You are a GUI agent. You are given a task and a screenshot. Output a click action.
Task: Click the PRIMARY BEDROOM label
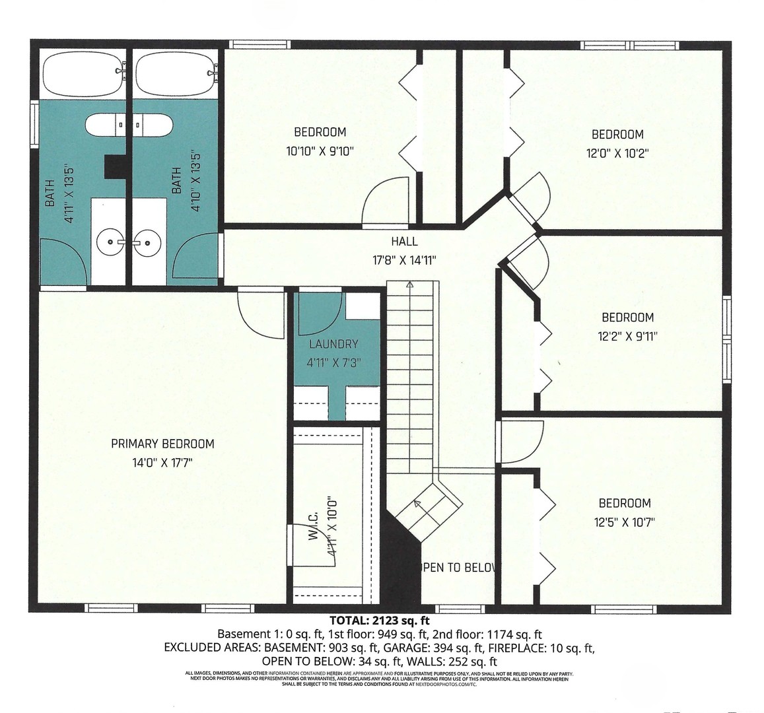pyautogui.click(x=162, y=444)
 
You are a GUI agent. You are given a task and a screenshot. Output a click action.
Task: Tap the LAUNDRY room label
pyautogui.click(x=333, y=344)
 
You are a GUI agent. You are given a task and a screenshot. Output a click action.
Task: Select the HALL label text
pyautogui.click(x=403, y=242)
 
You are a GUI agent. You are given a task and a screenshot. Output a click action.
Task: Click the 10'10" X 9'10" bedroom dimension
pyautogui.click(x=320, y=151)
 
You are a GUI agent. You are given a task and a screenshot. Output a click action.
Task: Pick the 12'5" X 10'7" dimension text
pyautogui.click(x=625, y=522)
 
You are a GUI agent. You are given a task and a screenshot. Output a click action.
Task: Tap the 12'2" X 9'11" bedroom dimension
pyautogui.click(x=627, y=335)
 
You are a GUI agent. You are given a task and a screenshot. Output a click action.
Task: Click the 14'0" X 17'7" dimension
pyautogui.click(x=162, y=463)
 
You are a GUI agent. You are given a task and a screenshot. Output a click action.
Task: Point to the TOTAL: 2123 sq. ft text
pyautogui.click(x=379, y=621)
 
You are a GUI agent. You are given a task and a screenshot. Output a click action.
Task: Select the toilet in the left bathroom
pyautogui.click(x=106, y=124)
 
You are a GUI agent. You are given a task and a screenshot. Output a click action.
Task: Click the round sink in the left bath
pyautogui.click(x=108, y=243)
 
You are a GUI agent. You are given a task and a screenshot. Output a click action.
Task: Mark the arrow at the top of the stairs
pyautogui.click(x=409, y=285)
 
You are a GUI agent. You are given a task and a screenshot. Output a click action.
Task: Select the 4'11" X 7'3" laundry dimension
pyautogui.click(x=333, y=362)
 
